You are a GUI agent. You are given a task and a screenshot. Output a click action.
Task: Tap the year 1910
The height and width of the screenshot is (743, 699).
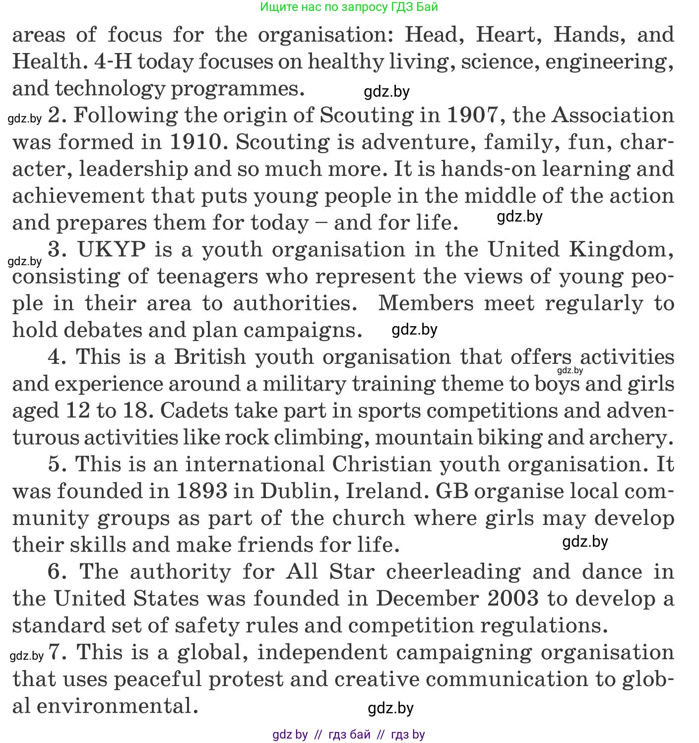point(195,142)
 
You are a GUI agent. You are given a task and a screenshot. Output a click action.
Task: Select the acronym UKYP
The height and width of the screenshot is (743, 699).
point(112,249)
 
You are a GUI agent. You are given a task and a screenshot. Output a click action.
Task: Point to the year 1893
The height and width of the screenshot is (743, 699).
point(202,491)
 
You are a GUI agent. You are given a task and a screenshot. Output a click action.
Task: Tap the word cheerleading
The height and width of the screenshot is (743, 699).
point(453,572)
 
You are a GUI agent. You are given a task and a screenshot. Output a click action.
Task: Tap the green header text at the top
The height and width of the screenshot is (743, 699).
point(349,6)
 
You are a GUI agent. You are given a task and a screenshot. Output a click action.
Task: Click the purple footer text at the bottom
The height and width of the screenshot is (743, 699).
point(349,735)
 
